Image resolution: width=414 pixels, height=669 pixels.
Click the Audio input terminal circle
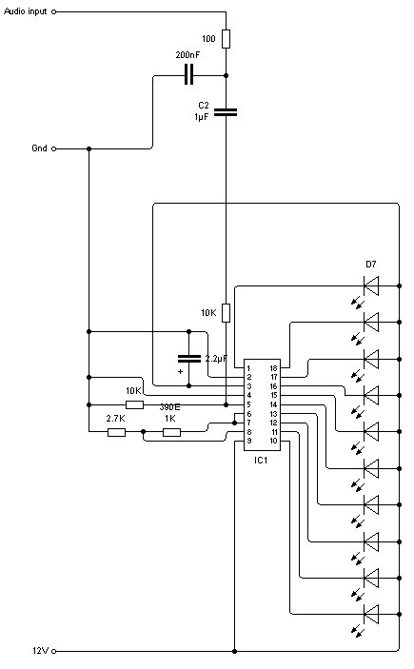click(x=54, y=12)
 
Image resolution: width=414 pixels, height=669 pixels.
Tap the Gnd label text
click(x=39, y=148)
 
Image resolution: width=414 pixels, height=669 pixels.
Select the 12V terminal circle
click(x=54, y=652)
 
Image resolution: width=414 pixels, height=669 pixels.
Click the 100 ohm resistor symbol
click(x=227, y=39)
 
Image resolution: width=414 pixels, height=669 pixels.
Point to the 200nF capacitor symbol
click(x=188, y=75)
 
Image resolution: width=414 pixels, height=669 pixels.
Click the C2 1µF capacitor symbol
click(x=226, y=112)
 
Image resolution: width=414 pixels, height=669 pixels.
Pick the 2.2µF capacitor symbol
click(x=189, y=359)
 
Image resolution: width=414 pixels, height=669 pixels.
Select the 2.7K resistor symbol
click(x=116, y=432)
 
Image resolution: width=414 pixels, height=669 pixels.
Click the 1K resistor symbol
click(x=171, y=432)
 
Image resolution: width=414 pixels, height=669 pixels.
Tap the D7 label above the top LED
click(x=371, y=265)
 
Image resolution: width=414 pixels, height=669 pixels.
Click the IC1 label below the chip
click(x=261, y=461)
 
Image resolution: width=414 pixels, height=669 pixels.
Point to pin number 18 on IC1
click(x=273, y=368)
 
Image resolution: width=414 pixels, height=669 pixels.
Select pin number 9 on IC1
click(x=249, y=441)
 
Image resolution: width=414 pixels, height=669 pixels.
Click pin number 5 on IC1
click(x=249, y=404)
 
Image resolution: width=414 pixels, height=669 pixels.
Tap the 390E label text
click(x=169, y=407)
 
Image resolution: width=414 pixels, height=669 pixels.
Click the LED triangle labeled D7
click(x=371, y=285)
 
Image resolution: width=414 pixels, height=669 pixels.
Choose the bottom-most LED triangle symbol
click(x=371, y=615)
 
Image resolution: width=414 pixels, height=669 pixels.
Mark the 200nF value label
click(x=187, y=55)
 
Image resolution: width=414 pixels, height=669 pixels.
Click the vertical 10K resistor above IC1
click(x=227, y=313)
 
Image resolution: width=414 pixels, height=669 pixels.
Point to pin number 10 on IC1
click(x=273, y=441)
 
